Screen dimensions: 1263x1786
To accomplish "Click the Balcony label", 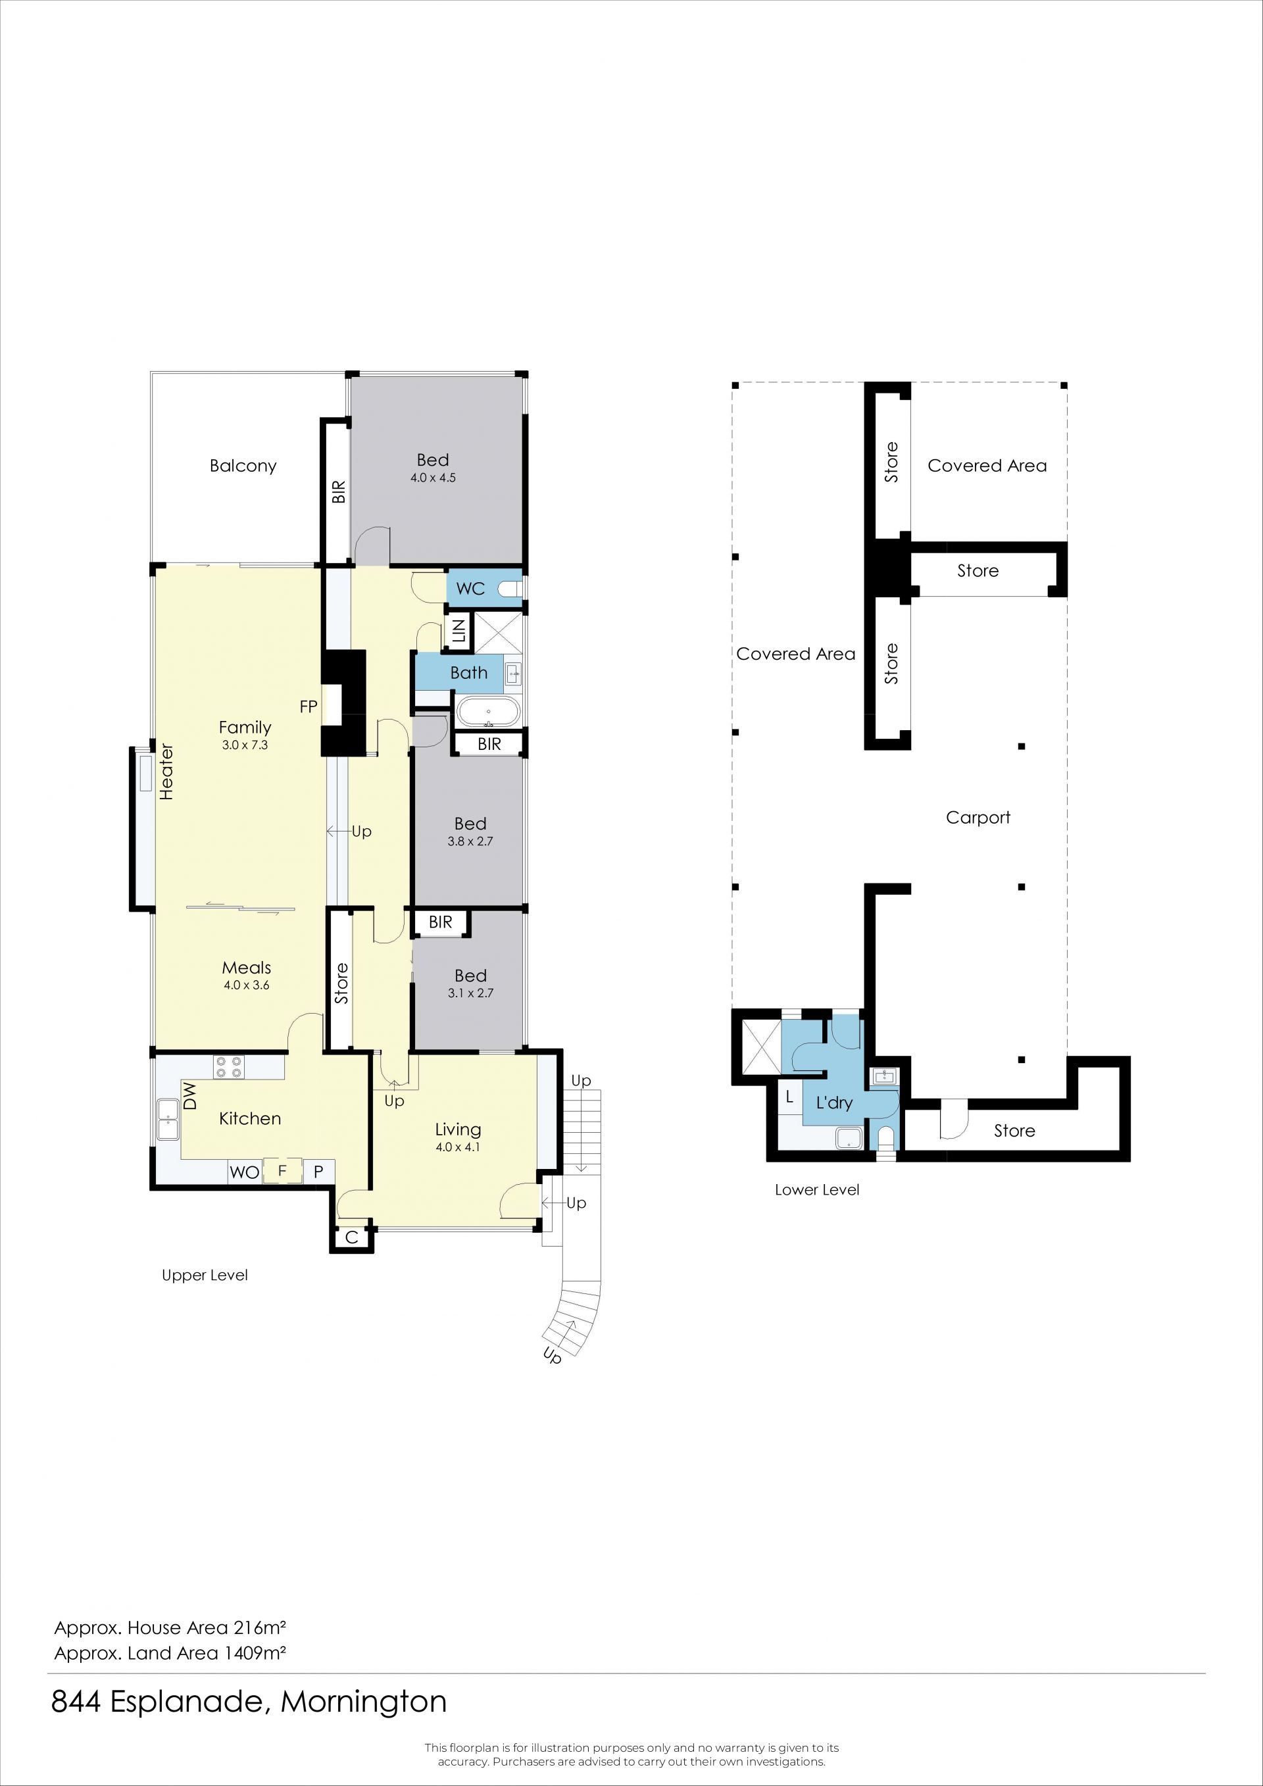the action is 243,466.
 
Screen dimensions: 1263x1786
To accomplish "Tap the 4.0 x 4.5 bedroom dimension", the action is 433,478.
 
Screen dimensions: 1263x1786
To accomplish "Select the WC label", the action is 470,589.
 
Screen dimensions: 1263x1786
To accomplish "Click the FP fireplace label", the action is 308,707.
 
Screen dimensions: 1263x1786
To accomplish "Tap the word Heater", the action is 166,772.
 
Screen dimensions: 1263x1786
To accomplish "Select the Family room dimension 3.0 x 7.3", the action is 245,745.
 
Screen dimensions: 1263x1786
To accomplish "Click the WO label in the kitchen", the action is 244,1172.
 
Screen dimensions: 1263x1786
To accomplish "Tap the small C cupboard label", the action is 351,1237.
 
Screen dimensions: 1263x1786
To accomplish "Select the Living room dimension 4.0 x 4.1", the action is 458,1147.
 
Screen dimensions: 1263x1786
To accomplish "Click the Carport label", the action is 978,818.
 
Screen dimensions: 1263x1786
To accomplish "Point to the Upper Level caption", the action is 205,1275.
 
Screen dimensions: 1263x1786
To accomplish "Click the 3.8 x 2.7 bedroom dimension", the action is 470,841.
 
